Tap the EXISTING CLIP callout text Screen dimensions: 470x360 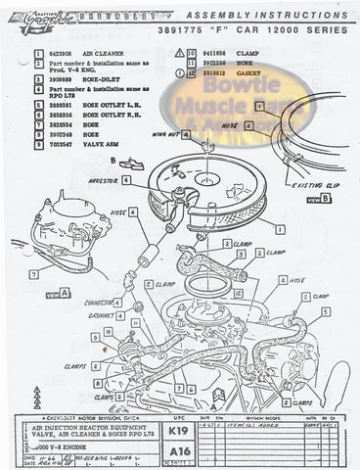(312, 183)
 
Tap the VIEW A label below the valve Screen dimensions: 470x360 (46, 292)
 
